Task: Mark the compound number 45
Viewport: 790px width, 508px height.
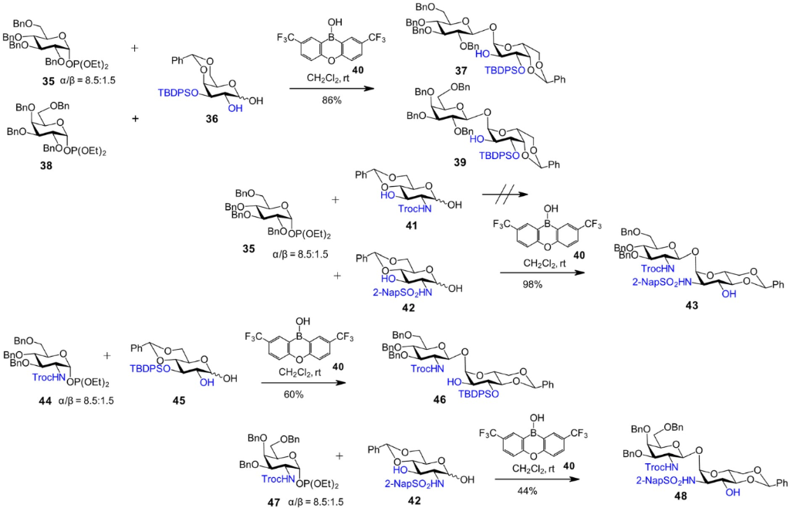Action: [177, 402]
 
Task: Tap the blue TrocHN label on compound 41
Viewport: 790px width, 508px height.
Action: [372, 210]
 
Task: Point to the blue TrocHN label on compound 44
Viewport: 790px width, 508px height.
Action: [48, 378]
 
